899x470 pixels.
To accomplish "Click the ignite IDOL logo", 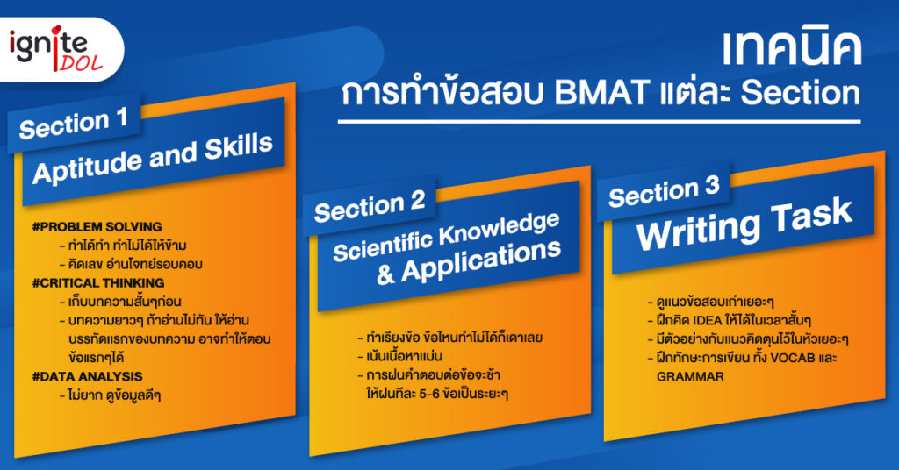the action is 55,49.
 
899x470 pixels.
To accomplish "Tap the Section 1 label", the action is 74,123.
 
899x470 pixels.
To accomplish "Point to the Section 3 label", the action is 664,191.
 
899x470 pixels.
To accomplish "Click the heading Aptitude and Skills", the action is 153,159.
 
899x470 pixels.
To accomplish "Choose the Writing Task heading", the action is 744,224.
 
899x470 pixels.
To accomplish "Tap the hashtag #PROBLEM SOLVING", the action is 97,227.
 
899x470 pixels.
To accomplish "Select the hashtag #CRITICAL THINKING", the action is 98,283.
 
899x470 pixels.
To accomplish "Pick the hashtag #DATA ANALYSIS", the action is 87,376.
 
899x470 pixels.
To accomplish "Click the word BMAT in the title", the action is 601,93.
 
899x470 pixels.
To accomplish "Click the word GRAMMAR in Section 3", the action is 690,377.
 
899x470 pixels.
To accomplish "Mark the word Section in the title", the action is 801,93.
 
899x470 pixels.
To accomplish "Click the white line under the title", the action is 599,121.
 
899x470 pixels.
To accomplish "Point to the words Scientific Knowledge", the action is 446,238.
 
